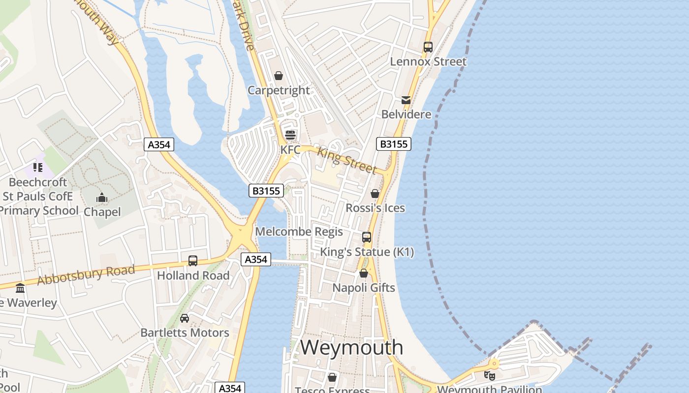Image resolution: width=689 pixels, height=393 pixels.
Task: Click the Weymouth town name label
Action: (x=351, y=347)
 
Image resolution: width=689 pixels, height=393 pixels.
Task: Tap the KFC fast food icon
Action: (x=290, y=135)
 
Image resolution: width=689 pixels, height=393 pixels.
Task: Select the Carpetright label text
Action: (x=279, y=90)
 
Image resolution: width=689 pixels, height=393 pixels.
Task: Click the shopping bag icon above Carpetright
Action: (x=279, y=76)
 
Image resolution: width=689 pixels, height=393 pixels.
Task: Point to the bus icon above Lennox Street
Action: (x=428, y=47)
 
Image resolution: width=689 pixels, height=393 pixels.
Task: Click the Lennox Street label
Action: (x=428, y=61)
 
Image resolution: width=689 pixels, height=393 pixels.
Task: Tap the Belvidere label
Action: (x=407, y=114)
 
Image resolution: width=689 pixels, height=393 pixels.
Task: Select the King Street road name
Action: (x=346, y=159)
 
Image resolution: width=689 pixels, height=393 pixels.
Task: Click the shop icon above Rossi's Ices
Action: (x=375, y=194)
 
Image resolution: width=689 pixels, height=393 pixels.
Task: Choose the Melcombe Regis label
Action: (x=299, y=231)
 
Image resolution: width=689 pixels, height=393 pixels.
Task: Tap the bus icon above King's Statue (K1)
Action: (x=367, y=237)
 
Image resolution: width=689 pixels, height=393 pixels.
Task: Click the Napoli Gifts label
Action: (x=364, y=287)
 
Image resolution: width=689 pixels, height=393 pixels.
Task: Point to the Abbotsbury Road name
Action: (x=86, y=275)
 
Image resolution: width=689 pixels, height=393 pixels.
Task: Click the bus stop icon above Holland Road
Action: (x=193, y=261)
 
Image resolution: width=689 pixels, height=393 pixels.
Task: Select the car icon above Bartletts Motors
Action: (x=185, y=318)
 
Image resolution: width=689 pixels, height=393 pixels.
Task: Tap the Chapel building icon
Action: (x=102, y=198)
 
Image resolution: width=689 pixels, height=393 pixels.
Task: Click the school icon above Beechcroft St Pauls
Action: (x=38, y=168)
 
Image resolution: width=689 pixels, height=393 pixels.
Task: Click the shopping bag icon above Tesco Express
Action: (x=332, y=377)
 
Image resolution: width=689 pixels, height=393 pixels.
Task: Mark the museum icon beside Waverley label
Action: (x=20, y=288)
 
